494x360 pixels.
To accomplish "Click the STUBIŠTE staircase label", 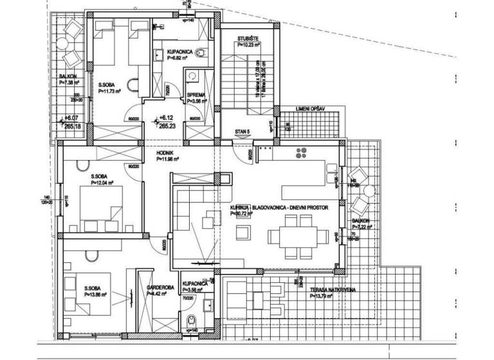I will (248, 39).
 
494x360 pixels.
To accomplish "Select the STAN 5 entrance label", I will (242, 131).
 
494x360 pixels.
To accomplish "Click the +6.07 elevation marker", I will (72, 119).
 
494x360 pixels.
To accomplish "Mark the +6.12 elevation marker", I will (167, 119).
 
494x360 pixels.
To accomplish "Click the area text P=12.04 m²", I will (102, 183).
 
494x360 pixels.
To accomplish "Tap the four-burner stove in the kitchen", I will (302, 153).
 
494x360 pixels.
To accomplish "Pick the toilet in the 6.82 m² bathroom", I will (201, 53).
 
